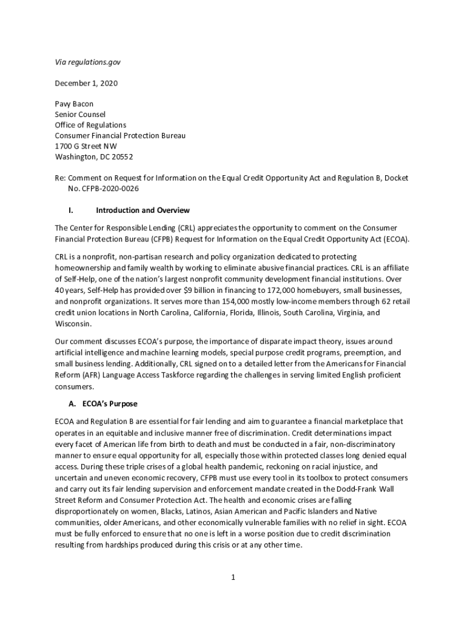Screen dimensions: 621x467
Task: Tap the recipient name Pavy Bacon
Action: click(74, 104)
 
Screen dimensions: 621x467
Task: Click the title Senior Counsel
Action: click(80, 114)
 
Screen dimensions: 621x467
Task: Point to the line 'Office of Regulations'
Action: click(90, 125)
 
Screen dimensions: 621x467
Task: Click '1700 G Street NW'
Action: click(86, 146)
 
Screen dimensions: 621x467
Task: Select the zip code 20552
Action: click(121, 156)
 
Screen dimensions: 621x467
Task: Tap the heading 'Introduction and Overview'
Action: click(143, 210)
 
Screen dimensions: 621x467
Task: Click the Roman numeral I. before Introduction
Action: click(71, 210)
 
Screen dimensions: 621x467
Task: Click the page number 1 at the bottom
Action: click(232, 577)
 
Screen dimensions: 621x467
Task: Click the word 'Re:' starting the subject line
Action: click(60, 178)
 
